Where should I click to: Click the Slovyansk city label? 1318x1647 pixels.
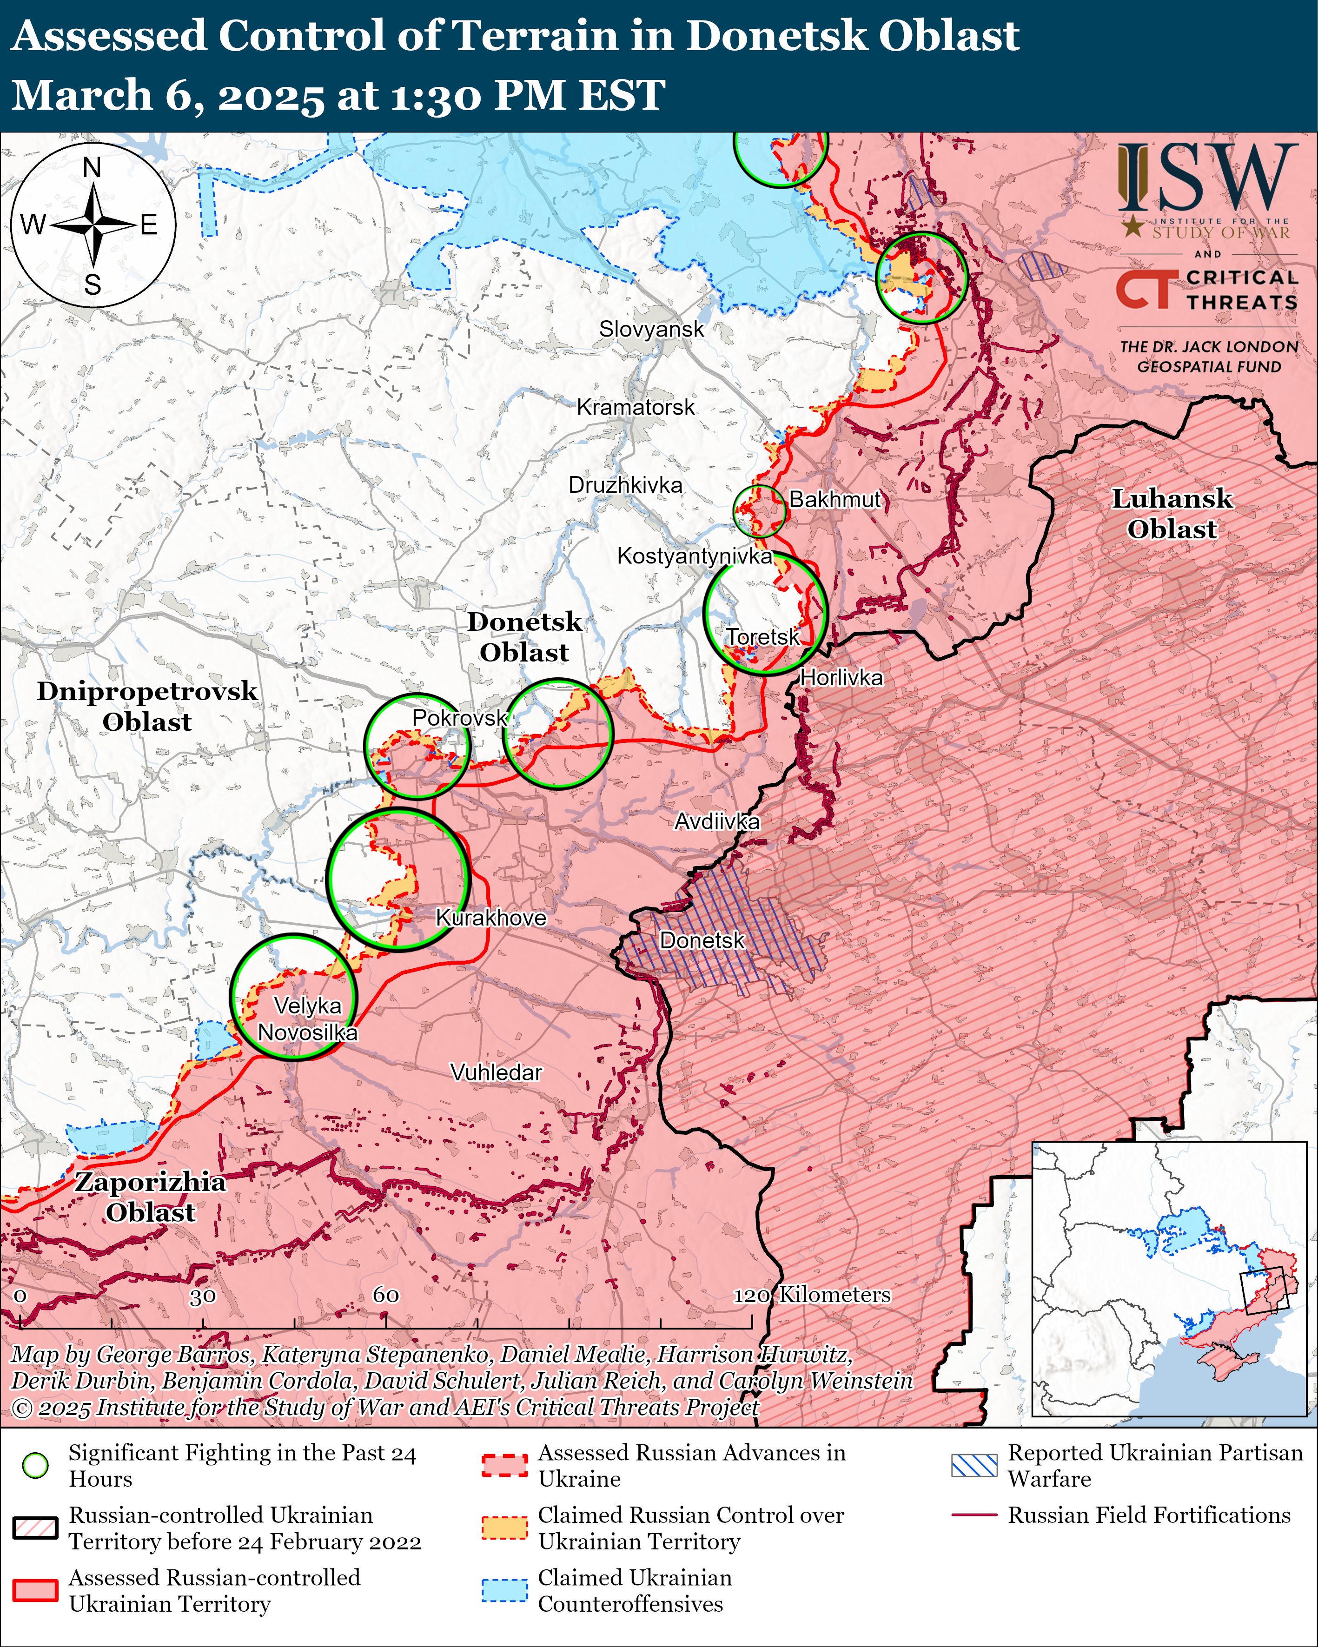click(651, 329)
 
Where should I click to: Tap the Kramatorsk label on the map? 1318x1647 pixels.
click(636, 407)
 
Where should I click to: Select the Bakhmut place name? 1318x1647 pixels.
click(835, 500)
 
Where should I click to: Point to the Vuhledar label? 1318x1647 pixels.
click(496, 1072)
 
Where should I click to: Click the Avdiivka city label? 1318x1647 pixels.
click(717, 822)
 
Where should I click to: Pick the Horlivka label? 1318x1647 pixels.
click(841, 678)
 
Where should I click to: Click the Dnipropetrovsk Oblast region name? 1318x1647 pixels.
click(147, 706)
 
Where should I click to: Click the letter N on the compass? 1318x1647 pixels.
click(92, 167)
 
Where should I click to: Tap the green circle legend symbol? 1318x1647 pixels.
click(35, 1465)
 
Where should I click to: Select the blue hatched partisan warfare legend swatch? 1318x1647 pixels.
click(974, 1465)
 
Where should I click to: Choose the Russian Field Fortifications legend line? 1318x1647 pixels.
click(974, 1515)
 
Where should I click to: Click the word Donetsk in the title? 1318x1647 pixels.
click(774, 35)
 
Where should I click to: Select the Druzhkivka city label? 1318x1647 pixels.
click(625, 485)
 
